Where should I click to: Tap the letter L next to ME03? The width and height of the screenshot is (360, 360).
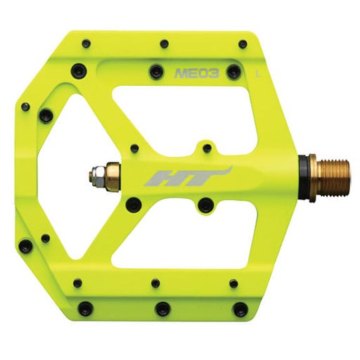(x=259, y=72)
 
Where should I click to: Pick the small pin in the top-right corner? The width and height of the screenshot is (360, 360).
(x=243, y=44)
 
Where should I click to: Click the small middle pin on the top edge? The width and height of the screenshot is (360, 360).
(x=164, y=44)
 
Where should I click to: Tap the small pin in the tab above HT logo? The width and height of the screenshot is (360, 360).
(x=205, y=148)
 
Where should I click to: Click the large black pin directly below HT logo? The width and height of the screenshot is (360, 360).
(x=205, y=205)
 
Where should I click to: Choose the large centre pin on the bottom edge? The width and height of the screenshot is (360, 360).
(x=163, y=308)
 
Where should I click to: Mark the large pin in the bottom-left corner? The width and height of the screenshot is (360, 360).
(x=85, y=308)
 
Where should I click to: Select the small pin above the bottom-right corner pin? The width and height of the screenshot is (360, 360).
(x=235, y=283)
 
